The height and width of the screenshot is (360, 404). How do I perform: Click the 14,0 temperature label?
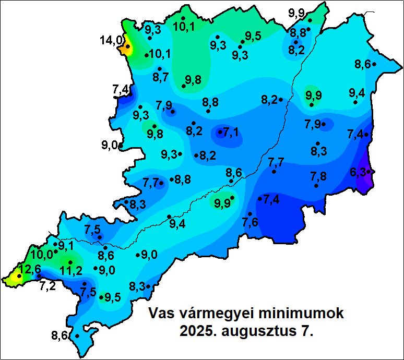click(111, 40)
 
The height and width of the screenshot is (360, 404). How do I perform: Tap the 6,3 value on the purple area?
click(358, 172)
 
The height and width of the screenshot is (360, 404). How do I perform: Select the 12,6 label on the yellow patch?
click(30, 270)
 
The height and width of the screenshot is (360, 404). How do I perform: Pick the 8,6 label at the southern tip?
click(60, 335)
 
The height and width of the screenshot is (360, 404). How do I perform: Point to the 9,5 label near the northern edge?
click(253, 35)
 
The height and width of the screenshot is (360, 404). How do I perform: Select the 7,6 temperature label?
click(250, 222)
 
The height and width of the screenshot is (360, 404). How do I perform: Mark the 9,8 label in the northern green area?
click(192, 80)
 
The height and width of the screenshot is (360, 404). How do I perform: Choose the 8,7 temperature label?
click(160, 77)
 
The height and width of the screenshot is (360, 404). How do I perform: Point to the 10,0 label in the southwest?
click(42, 255)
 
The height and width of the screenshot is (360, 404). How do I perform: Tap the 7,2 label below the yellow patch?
click(47, 286)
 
